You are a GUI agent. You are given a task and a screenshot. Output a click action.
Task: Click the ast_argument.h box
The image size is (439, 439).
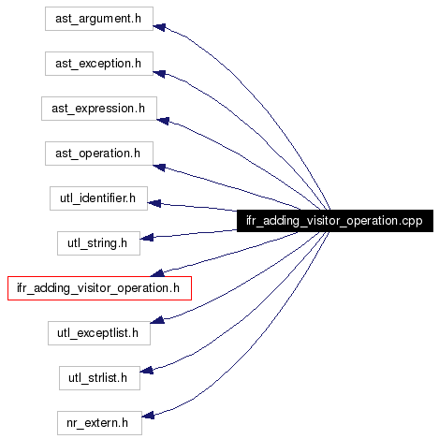99,19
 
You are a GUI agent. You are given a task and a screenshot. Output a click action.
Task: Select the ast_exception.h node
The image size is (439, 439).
99,64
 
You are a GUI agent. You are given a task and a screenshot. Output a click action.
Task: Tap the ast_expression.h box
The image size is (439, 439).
99,109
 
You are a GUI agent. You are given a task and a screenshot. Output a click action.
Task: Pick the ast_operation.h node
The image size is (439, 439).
99,154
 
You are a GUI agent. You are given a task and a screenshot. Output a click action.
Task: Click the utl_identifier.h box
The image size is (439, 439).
98,198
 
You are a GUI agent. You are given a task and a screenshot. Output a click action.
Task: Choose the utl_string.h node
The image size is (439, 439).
98,243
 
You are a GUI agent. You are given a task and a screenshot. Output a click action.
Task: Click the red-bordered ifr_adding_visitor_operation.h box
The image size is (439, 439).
99,288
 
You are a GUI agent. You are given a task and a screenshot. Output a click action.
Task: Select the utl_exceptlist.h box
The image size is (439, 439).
99,333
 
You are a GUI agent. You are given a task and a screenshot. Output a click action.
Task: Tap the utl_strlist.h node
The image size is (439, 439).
99,378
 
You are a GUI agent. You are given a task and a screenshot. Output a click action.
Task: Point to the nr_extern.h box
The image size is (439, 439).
99,423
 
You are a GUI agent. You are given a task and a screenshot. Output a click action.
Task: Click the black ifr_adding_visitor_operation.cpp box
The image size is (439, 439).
335,221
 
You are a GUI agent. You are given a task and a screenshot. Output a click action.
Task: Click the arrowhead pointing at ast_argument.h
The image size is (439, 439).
159,27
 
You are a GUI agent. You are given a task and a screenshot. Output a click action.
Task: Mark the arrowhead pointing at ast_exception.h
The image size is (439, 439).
159,73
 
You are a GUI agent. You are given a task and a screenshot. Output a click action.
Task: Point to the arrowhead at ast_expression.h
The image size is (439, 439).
163,121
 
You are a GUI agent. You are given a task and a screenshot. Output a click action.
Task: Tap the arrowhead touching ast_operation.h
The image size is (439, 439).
159,168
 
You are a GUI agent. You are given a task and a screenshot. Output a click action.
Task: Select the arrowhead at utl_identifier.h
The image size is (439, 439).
154,203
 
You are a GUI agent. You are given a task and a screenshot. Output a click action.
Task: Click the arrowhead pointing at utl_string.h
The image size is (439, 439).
147,238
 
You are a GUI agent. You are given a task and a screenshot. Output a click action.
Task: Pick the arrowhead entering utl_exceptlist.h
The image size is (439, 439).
157,319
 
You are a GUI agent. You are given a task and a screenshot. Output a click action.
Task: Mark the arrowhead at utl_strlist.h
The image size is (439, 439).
146,371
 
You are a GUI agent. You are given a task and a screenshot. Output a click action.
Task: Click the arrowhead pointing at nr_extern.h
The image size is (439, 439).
148,416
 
